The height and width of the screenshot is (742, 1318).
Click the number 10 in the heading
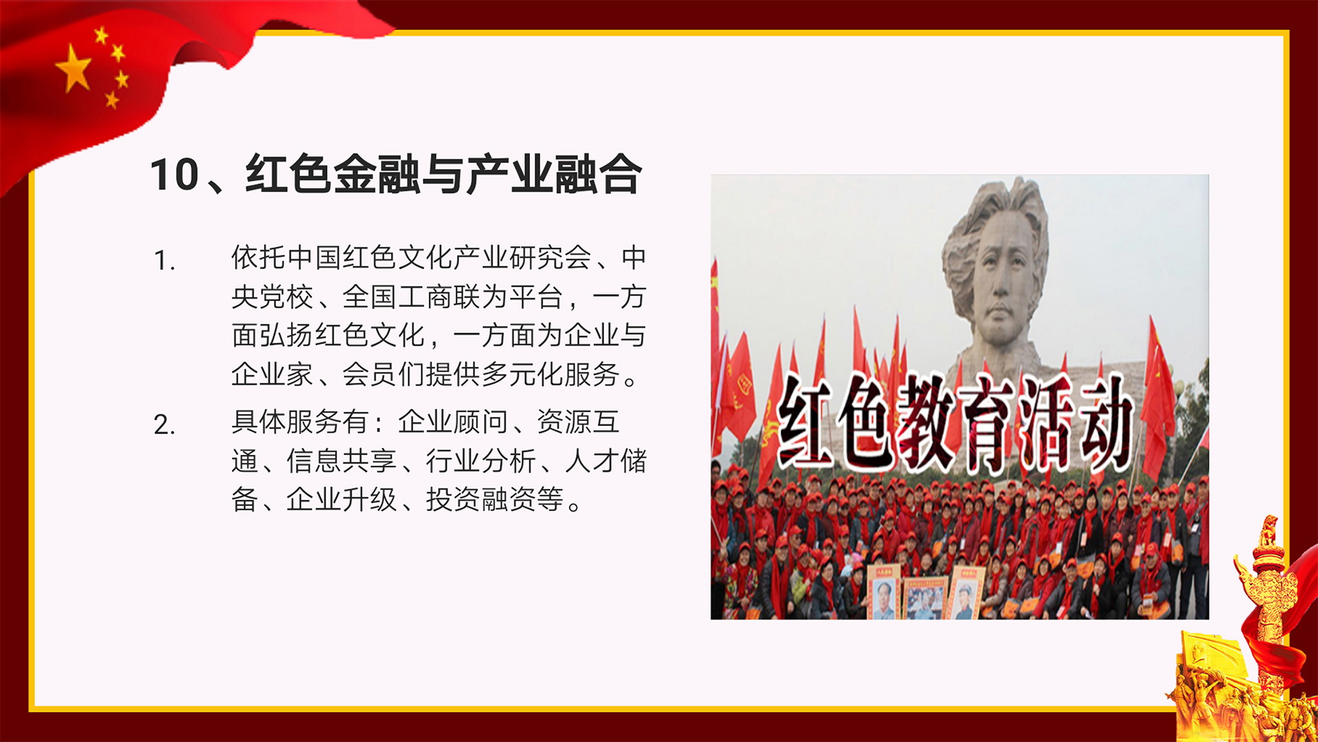174,175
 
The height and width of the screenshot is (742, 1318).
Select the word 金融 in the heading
376,175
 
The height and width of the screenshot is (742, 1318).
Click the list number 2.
164,425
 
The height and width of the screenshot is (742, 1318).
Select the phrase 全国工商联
411,297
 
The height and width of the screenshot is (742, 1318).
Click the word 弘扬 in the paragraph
286,335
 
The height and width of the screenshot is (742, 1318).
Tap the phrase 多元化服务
551,374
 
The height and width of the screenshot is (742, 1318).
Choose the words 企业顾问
453,422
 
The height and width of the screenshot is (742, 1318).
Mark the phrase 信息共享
342,461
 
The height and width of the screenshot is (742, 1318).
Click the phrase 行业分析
481,461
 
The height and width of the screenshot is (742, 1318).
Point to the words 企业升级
342,499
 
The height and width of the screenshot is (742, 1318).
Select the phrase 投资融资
481,499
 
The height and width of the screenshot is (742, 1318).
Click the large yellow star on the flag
73,68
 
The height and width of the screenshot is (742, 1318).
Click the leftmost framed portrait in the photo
883,592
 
